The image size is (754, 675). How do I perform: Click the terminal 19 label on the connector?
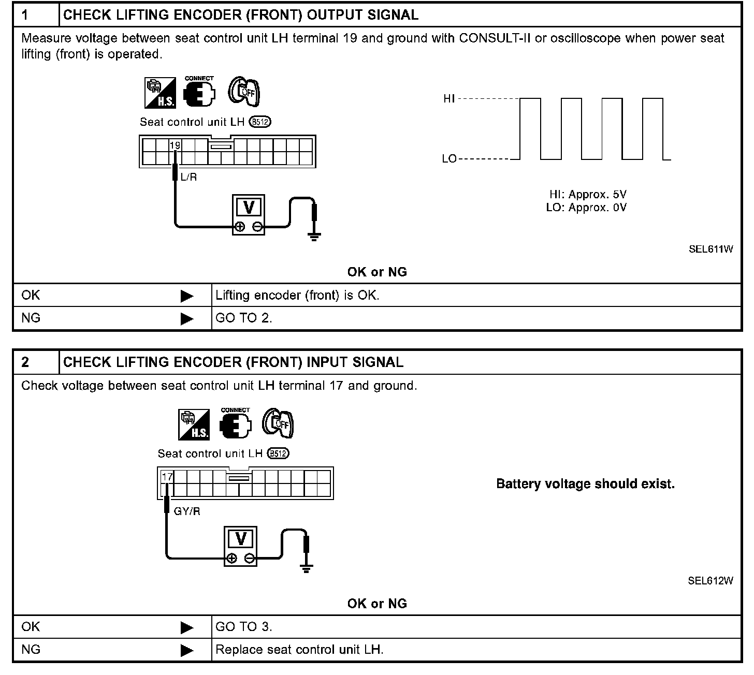(x=175, y=145)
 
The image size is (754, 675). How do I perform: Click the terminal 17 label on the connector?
(x=167, y=476)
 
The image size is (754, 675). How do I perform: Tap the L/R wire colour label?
(x=189, y=178)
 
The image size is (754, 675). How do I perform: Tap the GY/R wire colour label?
(x=187, y=511)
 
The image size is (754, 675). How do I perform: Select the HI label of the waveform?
(x=449, y=98)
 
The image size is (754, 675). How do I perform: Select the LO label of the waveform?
(x=449, y=159)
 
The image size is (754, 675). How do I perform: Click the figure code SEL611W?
(x=711, y=249)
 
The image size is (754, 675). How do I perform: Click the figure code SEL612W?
(x=711, y=581)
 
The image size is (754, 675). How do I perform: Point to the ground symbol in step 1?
(x=314, y=237)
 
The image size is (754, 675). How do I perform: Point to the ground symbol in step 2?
(x=306, y=568)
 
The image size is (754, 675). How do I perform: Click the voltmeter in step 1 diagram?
(x=249, y=215)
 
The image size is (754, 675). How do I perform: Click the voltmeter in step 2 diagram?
(x=241, y=547)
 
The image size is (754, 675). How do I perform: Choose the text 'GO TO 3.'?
(x=244, y=627)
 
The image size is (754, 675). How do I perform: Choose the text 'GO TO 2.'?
(x=244, y=318)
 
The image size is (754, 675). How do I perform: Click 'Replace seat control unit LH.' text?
(x=299, y=650)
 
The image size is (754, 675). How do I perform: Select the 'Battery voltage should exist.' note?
(x=585, y=484)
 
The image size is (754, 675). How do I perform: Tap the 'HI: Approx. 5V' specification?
(x=588, y=195)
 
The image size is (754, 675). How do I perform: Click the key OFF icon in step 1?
(x=244, y=92)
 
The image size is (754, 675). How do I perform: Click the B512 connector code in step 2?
(x=278, y=453)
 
